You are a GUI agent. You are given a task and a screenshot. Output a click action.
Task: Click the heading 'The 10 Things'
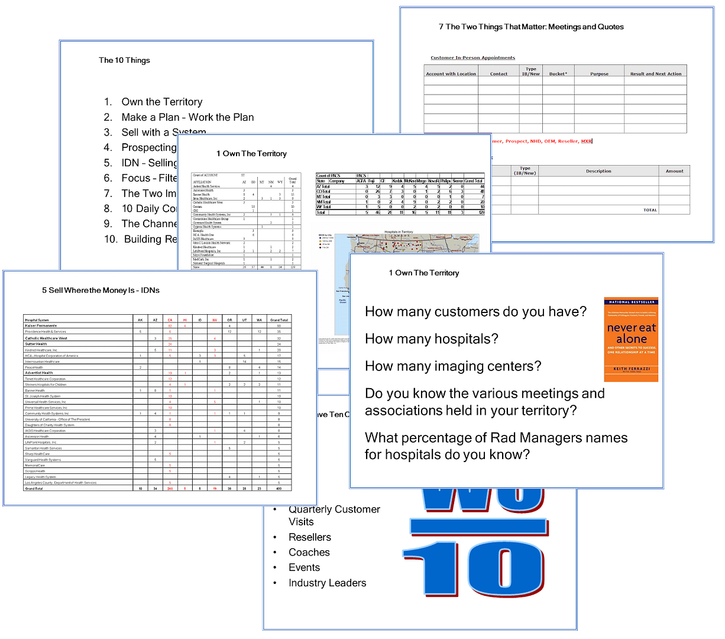(124, 60)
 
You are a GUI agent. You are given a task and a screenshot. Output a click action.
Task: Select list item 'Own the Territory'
(161, 102)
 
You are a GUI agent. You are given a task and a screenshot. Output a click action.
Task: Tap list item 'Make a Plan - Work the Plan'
(187, 117)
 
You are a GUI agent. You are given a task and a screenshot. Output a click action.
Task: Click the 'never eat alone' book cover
(631, 339)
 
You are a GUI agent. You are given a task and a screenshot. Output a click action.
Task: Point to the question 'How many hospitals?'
(432, 338)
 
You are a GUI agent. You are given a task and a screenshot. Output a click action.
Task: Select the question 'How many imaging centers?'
(453, 366)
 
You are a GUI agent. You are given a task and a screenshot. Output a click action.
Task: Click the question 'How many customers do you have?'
(475, 311)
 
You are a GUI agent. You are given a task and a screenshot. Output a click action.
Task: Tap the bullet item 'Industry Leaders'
(327, 583)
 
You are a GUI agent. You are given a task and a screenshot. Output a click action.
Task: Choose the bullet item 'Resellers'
(309, 537)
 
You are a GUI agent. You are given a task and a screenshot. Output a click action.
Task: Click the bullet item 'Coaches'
(309, 552)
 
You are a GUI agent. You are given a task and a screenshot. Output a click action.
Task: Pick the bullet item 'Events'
(304, 567)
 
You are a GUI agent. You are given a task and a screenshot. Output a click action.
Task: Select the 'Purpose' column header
(599, 74)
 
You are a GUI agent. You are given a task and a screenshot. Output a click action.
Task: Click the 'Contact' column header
(499, 74)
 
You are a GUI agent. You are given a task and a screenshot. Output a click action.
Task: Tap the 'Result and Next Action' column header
(656, 74)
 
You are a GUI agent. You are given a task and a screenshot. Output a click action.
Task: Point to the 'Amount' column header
(674, 171)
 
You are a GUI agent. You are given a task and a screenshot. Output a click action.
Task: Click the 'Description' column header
(598, 171)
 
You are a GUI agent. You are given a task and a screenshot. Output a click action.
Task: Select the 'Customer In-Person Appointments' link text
(472, 58)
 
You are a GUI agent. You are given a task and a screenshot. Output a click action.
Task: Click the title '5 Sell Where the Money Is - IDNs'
(101, 291)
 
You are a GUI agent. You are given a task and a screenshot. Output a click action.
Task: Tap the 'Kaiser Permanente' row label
(41, 326)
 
